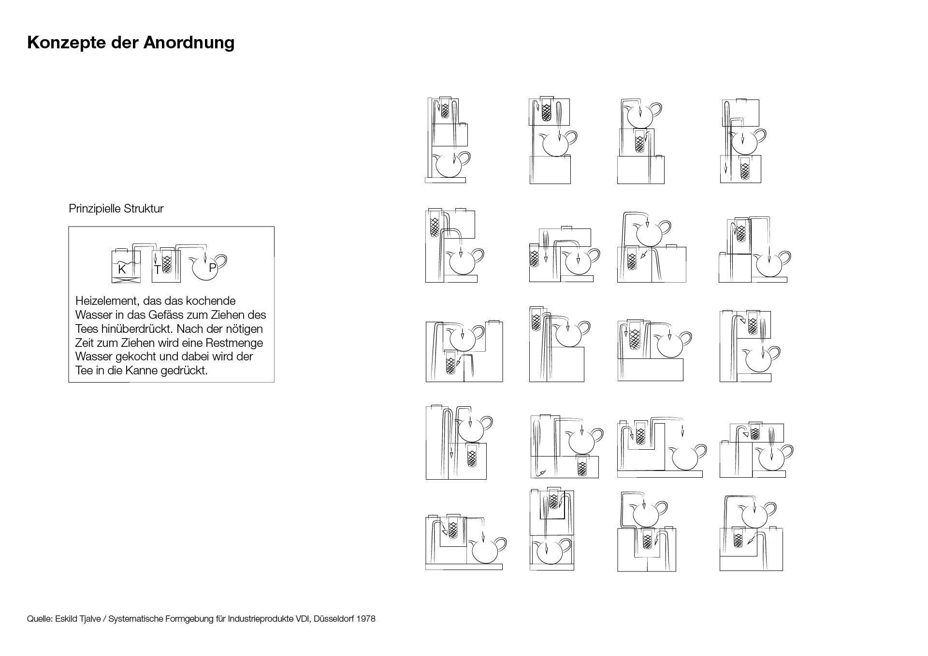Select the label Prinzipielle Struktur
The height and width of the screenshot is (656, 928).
point(116,209)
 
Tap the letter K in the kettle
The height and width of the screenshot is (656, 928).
point(122,270)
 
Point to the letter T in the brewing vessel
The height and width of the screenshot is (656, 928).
point(158,271)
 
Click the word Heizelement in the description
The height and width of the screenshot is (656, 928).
point(106,301)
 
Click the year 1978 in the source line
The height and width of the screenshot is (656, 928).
point(366,619)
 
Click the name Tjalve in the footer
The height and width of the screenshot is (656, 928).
point(89,619)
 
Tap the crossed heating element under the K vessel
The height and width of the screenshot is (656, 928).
point(127,279)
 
